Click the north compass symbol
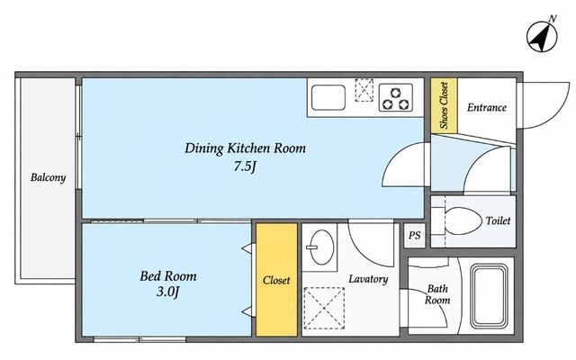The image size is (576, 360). pyautogui.click(x=542, y=36)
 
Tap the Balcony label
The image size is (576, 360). pyautogui.click(x=48, y=178)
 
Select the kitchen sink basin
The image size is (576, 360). pyautogui.click(x=328, y=97)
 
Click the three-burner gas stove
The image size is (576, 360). pyautogui.click(x=396, y=98)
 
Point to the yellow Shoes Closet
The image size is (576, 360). pyautogui.click(x=444, y=106)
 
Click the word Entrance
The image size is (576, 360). pyautogui.click(x=487, y=107)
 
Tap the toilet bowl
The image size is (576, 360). pyautogui.click(x=463, y=220)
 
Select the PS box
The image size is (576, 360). pyautogui.click(x=414, y=235)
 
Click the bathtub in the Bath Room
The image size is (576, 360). pyautogui.click(x=490, y=296)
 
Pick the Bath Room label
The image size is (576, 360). pyautogui.click(x=437, y=294)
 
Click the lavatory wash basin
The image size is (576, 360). pyautogui.click(x=320, y=247)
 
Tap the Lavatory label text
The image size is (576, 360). pyautogui.click(x=368, y=279)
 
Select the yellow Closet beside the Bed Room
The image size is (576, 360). pyautogui.click(x=276, y=280)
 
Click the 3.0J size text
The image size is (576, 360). pyautogui.click(x=168, y=292)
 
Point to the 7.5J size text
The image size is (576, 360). pyautogui.click(x=245, y=166)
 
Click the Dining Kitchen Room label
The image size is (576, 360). pyautogui.click(x=245, y=148)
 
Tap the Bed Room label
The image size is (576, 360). pyautogui.click(x=168, y=276)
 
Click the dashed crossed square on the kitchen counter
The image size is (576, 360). pyautogui.click(x=364, y=90)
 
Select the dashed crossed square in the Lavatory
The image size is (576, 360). pyautogui.click(x=324, y=308)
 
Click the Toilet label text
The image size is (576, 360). pyautogui.click(x=498, y=220)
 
